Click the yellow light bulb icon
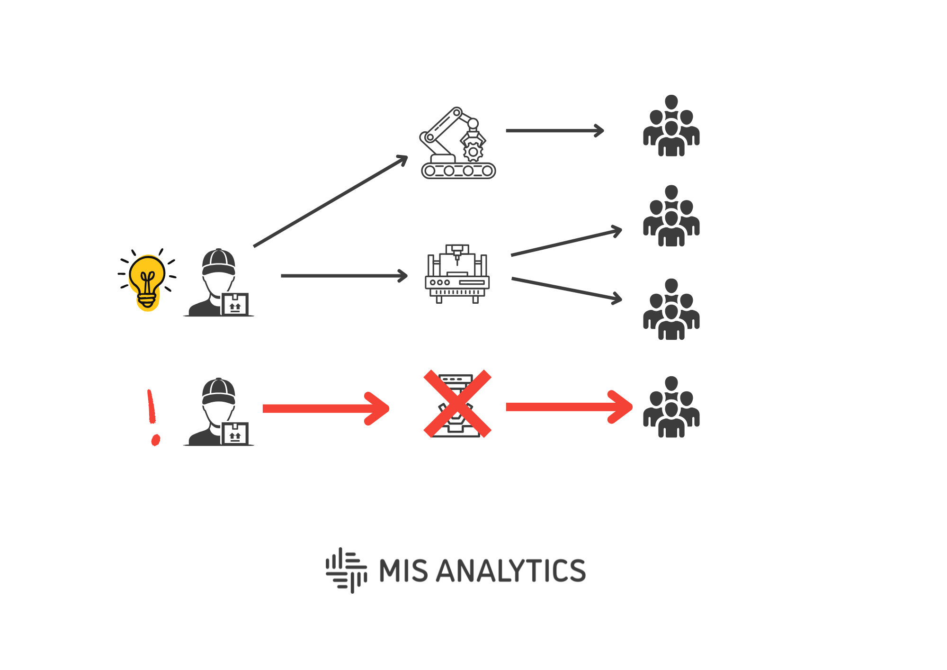pos(147,281)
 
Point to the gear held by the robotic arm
pos(473,152)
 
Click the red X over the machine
pos(457,403)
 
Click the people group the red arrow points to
pos(671,407)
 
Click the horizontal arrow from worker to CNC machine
pos(343,276)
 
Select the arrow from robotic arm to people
pos(554,130)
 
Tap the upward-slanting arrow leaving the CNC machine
pos(566,243)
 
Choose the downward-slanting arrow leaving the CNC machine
pos(566,289)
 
